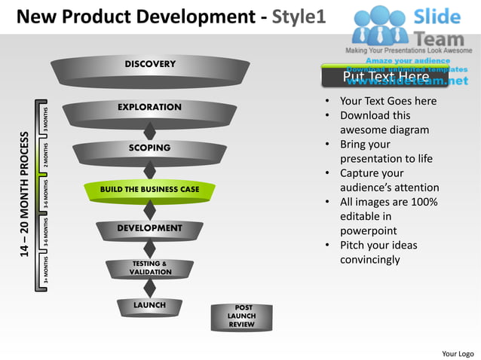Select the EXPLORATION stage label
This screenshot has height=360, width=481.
(x=149, y=108)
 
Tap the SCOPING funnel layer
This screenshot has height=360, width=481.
(x=149, y=149)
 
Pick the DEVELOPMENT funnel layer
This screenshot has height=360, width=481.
(x=149, y=228)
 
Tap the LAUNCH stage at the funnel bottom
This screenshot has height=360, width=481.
(x=149, y=306)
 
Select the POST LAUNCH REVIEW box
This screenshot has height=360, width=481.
(x=241, y=316)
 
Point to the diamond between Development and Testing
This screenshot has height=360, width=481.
(x=149, y=249)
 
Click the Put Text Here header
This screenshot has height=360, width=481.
(x=385, y=77)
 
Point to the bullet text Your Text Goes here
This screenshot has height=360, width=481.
(x=388, y=101)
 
